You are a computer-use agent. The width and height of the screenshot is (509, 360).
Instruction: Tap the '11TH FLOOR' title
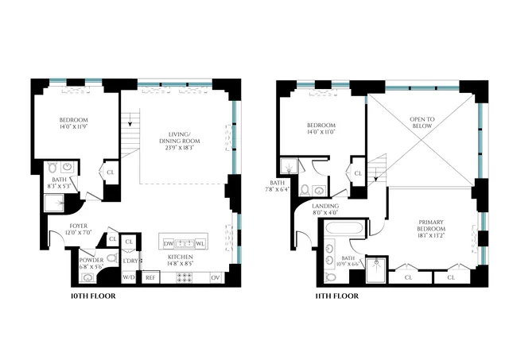point(336,296)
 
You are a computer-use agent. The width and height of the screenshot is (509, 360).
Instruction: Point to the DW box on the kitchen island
point(168,243)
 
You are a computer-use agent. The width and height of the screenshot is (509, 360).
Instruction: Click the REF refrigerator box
point(150,277)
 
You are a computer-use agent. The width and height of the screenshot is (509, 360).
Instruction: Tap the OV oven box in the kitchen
point(215,277)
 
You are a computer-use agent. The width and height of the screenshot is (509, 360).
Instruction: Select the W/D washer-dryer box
point(128,277)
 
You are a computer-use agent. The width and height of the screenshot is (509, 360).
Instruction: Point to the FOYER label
point(78,228)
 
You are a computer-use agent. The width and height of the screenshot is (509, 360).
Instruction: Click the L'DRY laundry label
point(129,258)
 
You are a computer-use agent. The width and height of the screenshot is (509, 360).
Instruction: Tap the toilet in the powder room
point(112,258)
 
